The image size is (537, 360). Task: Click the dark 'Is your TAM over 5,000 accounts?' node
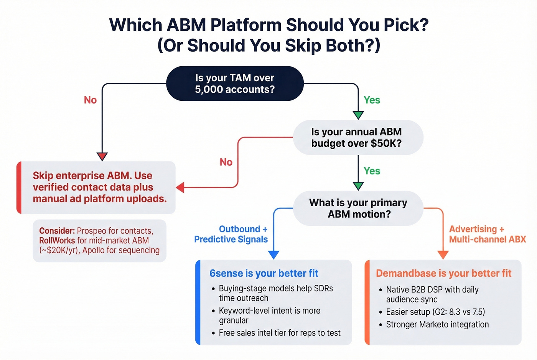click(x=235, y=84)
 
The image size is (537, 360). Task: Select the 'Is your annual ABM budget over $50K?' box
click(x=357, y=138)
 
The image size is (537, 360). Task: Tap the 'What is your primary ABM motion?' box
click(x=358, y=208)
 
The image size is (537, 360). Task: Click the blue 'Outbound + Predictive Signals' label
click(x=231, y=234)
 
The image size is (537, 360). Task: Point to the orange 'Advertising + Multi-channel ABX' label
click(x=487, y=234)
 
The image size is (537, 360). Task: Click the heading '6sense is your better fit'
click(x=264, y=273)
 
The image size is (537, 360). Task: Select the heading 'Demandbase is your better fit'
click(x=443, y=273)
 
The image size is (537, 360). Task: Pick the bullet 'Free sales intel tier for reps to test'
click(x=279, y=333)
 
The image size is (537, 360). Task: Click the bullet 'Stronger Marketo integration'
click(x=437, y=325)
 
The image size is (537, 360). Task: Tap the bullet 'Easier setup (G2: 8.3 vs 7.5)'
click(x=435, y=312)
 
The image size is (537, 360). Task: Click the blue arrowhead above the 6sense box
click(x=273, y=255)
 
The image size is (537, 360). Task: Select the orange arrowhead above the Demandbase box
click(x=443, y=255)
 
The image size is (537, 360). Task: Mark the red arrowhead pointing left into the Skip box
click(x=180, y=187)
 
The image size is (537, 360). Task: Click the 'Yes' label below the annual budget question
click(x=372, y=171)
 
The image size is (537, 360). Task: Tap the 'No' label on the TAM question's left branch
click(x=90, y=100)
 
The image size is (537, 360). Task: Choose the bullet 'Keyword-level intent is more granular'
click(x=269, y=316)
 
